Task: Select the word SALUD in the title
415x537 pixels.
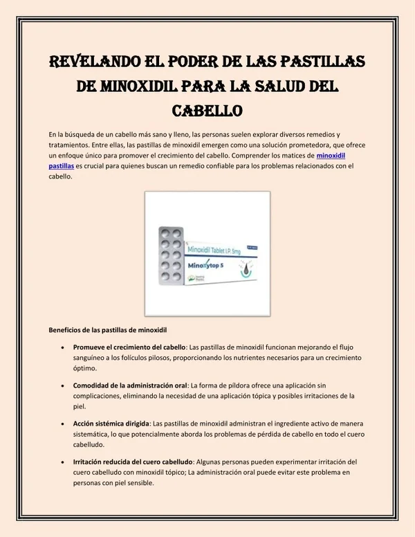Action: click(284, 86)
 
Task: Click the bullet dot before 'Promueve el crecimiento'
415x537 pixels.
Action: click(63, 347)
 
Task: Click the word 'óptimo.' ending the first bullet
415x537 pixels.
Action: click(86, 369)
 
